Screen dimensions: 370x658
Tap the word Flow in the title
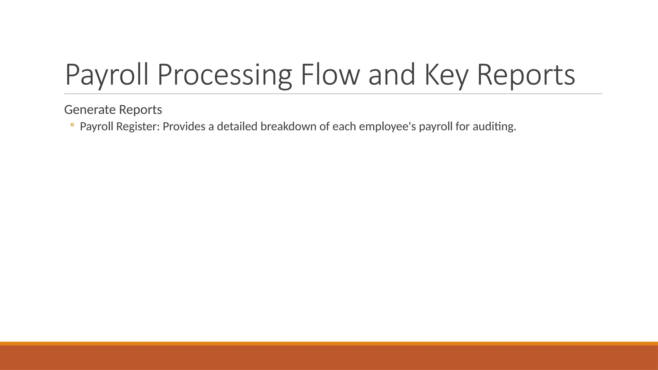coord(330,75)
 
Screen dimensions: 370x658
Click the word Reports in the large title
coord(526,75)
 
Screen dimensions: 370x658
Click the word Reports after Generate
coord(140,110)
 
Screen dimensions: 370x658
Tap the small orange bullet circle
coord(72,125)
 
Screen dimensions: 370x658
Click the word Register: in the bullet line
coord(138,127)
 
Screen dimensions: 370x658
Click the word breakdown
coord(288,127)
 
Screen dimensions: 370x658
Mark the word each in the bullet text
coord(344,127)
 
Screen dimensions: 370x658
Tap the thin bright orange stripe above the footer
coord(329,343)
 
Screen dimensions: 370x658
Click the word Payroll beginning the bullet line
coord(96,127)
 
